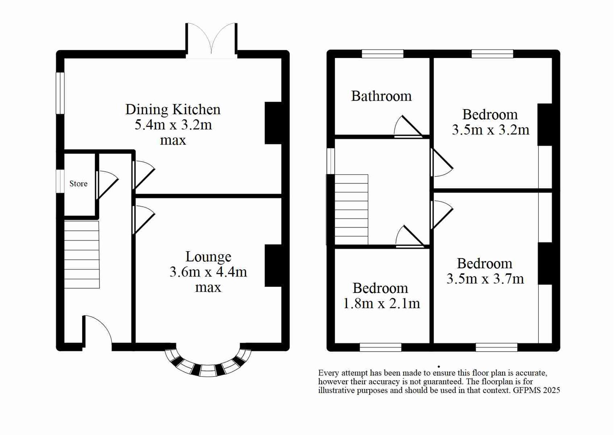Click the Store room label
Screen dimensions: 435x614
pyautogui.click(x=78, y=184)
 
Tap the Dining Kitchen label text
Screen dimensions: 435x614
pyautogui.click(x=173, y=109)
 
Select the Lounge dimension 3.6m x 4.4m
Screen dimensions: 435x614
pyautogui.click(x=208, y=272)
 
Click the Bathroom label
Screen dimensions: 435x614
pyautogui.click(x=381, y=96)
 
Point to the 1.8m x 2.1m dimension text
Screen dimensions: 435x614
pyautogui.click(x=381, y=303)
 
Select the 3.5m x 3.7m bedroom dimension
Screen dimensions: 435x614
pyautogui.click(x=485, y=279)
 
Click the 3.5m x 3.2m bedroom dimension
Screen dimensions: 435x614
pyautogui.click(x=490, y=130)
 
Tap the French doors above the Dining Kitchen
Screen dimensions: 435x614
pyautogui.click(x=211, y=40)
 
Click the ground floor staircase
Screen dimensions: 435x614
pyautogui.click(x=82, y=254)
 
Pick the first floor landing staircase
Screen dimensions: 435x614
pyautogui.click(x=351, y=209)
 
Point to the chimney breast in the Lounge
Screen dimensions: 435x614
pyautogui.click(x=273, y=265)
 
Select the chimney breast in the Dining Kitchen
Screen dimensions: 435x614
pyautogui.click(x=273, y=123)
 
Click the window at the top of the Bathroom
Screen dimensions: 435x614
pyautogui.click(x=382, y=54)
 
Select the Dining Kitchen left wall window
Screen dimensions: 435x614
pyautogui.click(x=60, y=93)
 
